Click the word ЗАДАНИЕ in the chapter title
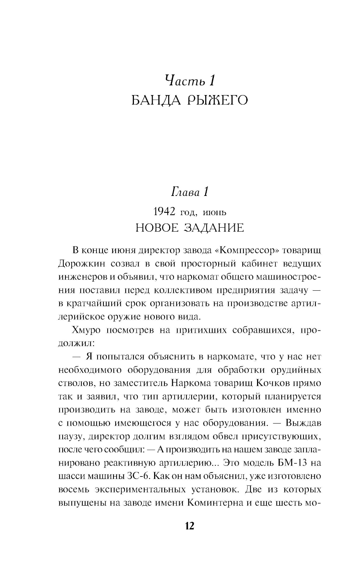coord(214,228)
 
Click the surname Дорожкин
coord(82,264)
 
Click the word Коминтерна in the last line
coord(216,503)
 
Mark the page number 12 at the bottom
coord(189,526)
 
